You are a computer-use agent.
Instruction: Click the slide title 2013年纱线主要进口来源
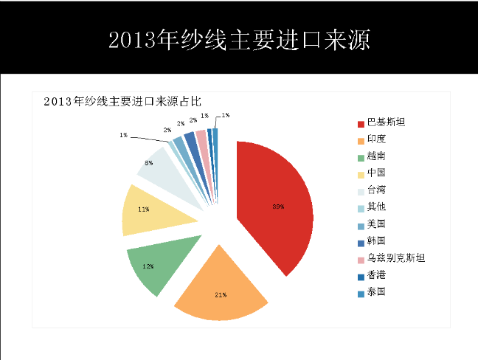(239, 38)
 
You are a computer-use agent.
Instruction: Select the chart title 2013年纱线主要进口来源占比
(122, 102)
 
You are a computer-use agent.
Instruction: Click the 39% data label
(278, 207)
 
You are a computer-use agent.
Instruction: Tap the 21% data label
(220, 295)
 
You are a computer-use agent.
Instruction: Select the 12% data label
(148, 266)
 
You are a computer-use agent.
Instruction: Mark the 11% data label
(144, 210)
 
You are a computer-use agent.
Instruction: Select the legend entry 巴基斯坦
(386, 122)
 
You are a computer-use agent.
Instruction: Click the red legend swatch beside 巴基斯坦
(360, 122)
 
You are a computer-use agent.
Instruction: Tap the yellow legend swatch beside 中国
(360, 173)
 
